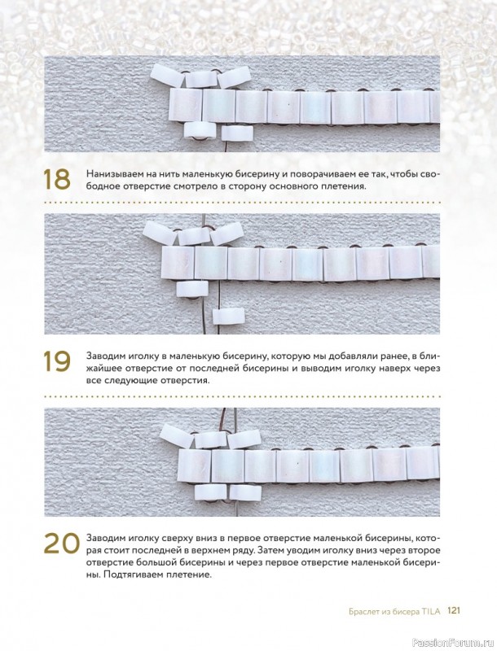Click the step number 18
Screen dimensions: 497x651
(x=57, y=180)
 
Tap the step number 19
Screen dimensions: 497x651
(x=57, y=361)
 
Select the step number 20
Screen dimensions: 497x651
(x=61, y=543)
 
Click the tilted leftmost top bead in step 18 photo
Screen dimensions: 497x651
(x=168, y=76)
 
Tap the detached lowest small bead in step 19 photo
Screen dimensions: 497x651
(x=227, y=316)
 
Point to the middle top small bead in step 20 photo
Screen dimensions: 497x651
(x=210, y=439)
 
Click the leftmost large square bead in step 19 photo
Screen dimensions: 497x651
(x=178, y=263)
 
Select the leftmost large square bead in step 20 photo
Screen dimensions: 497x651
(x=195, y=465)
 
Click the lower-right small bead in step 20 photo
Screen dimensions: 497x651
(x=245, y=492)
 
